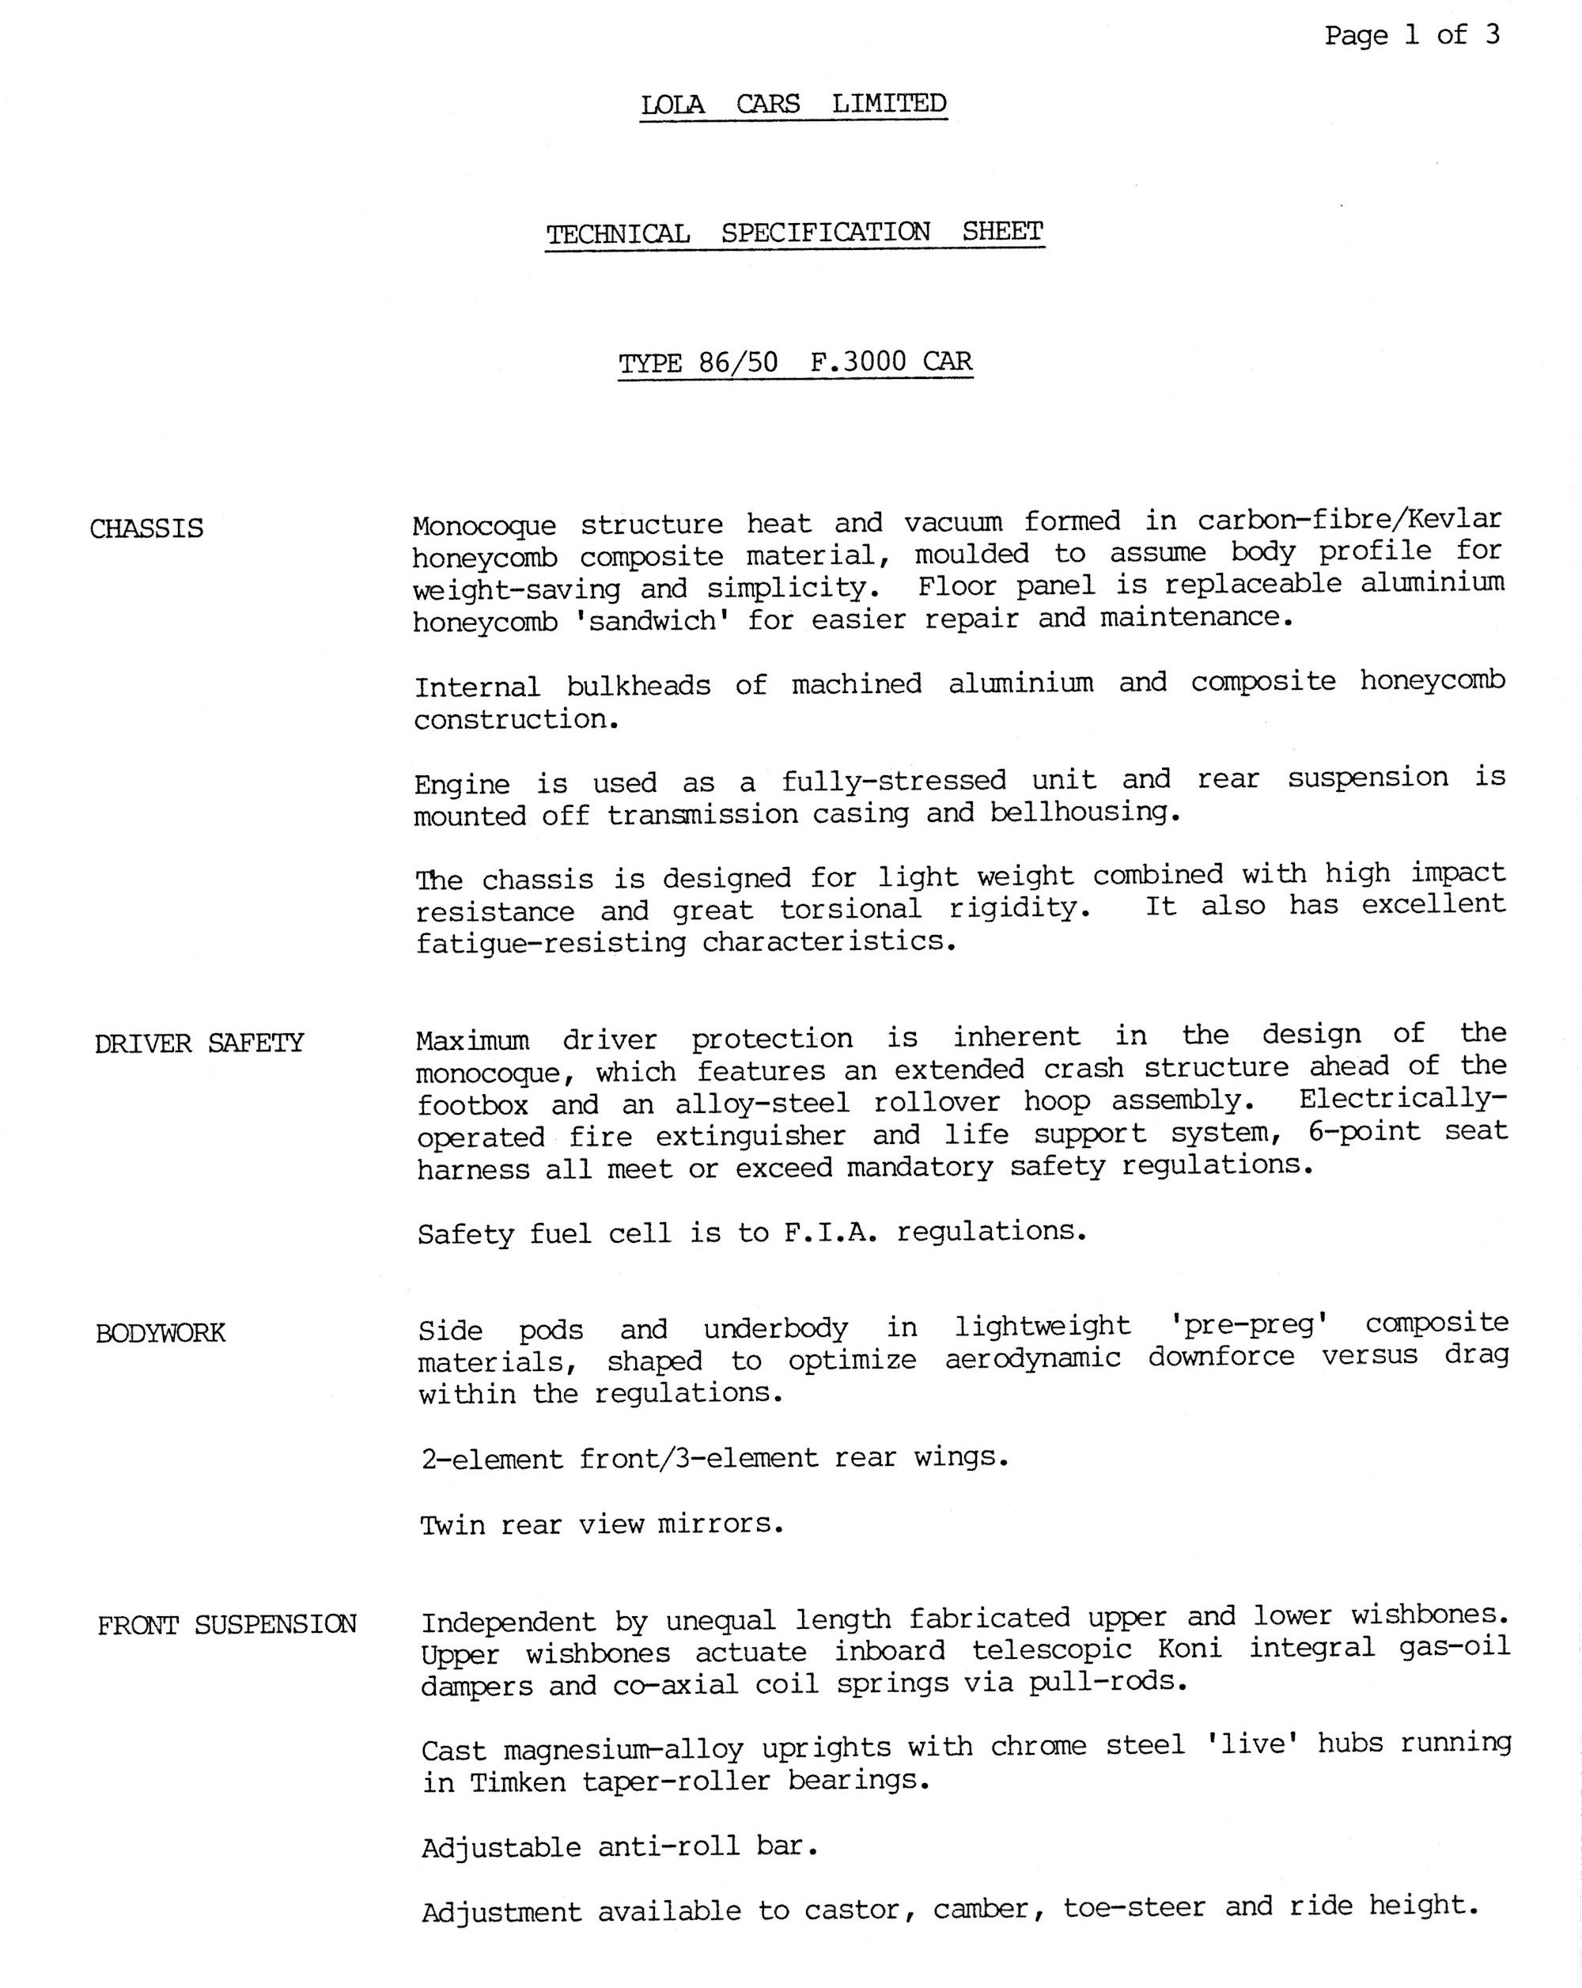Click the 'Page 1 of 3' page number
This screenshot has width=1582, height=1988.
[x=1411, y=36]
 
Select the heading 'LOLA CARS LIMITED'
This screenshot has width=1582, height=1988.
[x=793, y=104]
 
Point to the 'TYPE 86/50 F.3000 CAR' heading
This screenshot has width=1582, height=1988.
[x=795, y=362]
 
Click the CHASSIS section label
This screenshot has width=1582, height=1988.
[x=146, y=528]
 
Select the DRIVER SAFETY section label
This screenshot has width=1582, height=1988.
[x=199, y=1043]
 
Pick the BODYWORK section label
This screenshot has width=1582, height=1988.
[x=161, y=1333]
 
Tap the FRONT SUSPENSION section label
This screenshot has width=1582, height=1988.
[x=227, y=1624]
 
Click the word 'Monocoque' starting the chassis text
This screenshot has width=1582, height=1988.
[x=484, y=525]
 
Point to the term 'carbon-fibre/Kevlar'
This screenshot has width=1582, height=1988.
[x=1349, y=519]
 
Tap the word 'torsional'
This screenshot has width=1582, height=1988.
[x=850, y=909]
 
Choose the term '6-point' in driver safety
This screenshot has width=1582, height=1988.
[x=1364, y=1131]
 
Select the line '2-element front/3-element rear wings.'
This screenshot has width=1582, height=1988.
[x=714, y=1458]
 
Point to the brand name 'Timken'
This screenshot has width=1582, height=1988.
[x=518, y=1782]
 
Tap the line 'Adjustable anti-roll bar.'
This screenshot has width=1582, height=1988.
[x=619, y=1847]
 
